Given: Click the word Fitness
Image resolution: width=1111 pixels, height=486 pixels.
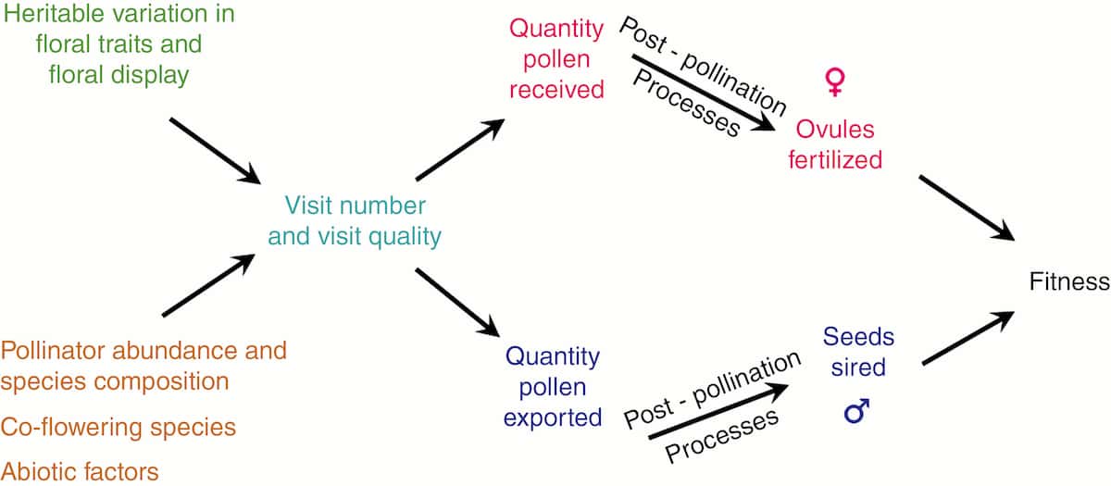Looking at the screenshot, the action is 1068,281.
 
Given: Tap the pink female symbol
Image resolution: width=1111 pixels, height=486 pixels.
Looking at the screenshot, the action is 835,81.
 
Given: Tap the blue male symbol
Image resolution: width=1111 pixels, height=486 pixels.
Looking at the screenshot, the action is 856,411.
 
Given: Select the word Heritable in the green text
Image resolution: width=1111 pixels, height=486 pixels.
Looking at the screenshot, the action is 54,13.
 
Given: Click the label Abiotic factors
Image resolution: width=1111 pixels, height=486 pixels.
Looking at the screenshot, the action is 80,471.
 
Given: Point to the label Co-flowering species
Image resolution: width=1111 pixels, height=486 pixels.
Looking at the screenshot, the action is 119,427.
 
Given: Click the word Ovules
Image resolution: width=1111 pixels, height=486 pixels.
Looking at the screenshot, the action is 835,130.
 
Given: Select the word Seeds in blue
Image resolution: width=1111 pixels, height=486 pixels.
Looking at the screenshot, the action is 858,337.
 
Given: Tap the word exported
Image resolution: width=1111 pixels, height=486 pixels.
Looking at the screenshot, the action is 553,418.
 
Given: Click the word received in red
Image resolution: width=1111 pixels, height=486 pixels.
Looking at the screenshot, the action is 556,91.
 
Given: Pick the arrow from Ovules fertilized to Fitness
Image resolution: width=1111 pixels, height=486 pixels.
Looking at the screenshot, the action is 967,208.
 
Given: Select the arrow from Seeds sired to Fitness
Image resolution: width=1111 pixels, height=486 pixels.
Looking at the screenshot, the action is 968,338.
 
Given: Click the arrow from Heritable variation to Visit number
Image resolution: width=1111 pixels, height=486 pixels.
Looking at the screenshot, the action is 215,151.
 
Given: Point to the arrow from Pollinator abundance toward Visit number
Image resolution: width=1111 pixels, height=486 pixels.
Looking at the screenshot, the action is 208,285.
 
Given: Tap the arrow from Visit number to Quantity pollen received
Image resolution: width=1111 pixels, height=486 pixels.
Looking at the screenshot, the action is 460,149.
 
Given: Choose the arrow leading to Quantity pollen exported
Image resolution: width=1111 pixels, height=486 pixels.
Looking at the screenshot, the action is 457,303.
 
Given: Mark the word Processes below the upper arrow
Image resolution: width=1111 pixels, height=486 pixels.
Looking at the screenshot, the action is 687,103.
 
